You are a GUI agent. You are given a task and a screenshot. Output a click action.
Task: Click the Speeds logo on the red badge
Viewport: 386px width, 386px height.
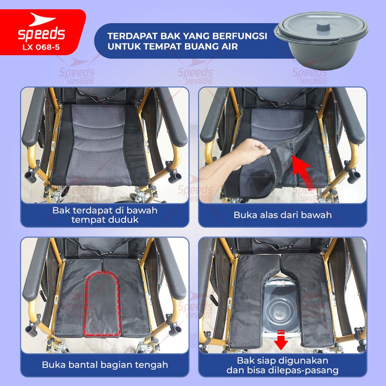41,27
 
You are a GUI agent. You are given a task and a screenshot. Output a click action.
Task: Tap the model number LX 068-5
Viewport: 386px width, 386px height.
41,47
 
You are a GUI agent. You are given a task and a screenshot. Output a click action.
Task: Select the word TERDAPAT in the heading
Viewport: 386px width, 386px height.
132,36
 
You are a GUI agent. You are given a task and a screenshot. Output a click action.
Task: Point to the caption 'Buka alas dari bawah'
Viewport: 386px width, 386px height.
283,215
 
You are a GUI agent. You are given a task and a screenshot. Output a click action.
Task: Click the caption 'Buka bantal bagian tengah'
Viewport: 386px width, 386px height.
105,365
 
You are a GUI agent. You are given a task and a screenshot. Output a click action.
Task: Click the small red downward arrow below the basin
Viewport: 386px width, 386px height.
281,340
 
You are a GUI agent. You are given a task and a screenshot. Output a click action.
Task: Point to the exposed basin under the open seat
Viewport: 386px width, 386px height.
281,311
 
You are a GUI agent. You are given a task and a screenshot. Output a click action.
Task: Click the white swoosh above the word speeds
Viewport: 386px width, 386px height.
42,19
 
